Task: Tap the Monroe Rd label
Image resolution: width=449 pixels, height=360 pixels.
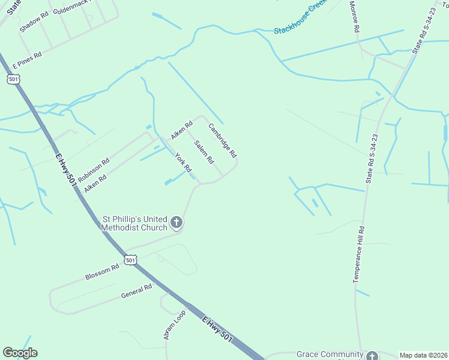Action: [355, 16]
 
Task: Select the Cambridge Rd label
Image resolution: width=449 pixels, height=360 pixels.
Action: [223, 140]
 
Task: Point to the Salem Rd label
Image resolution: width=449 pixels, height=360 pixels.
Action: [204, 152]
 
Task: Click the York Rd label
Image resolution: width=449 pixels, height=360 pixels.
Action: [182, 162]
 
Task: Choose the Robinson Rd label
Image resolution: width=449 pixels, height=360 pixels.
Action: [94, 170]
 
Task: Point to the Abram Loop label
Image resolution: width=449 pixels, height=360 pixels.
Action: [175, 326]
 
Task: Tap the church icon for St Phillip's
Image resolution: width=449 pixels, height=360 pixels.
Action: [176, 223]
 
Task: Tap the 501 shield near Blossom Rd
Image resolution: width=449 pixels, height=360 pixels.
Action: [131, 259]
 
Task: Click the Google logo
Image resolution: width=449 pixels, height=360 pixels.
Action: [20, 353]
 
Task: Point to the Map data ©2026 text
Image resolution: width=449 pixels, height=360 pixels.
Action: [423, 355]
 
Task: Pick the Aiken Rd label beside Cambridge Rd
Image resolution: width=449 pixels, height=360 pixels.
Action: [181, 130]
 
